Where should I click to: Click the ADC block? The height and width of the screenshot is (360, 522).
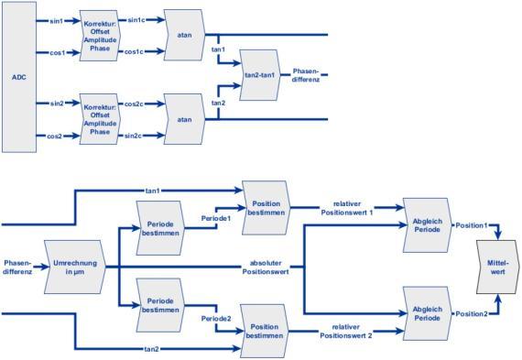pyautogui.click(x=19, y=77)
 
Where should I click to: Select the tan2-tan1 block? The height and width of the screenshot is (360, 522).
pyautogui.click(x=260, y=75)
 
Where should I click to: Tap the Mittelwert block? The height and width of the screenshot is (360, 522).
pyautogui.click(x=497, y=267)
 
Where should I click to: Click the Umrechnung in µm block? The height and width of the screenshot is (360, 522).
pyautogui.click(x=75, y=267)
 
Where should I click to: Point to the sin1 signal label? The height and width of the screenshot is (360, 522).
pyautogui.click(x=56, y=21)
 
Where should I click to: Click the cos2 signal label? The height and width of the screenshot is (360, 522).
pyautogui.click(x=55, y=136)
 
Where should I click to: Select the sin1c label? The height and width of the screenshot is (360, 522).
pyautogui.click(x=136, y=20)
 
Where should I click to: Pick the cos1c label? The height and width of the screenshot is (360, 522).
pyautogui.click(x=134, y=51)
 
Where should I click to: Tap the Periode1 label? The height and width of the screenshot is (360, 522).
pyautogui.click(x=216, y=218)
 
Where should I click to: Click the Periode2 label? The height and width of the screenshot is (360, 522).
pyautogui.click(x=216, y=319)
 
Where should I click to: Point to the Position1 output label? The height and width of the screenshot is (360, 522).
pyautogui.click(x=472, y=225)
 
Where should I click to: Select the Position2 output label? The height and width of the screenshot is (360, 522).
pyautogui.click(x=472, y=313)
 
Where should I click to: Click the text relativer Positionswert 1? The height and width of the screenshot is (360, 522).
pyautogui.click(x=347, y=208)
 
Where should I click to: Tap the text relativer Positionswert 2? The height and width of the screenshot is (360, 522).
pyautogui.click(x=346, y=331)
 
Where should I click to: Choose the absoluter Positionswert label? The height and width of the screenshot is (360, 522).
pyautogui.click(x=266, y=267)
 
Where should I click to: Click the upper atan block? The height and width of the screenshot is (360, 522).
pyautogui.click(x=184, y=35)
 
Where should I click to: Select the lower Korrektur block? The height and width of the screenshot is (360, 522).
pyautogui.click(x=100, y=119)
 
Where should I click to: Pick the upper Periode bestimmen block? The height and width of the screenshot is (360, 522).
pyautogui.click(x=160, y=228)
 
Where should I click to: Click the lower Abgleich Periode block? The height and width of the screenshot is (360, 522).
pyautogui.click(x=428, y=313)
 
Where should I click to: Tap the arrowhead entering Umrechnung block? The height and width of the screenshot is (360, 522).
pyautogui.click(x=46, y=267)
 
